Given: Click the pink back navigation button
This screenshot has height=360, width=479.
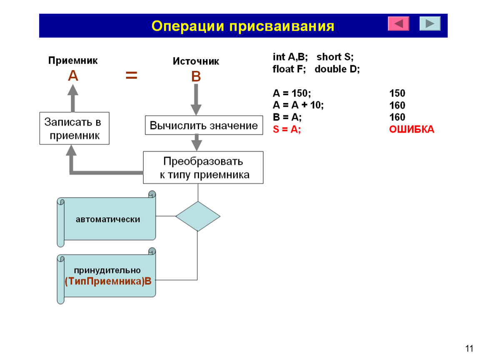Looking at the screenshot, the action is (398, 23).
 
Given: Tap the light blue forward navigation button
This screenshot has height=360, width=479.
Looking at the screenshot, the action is (430, 23).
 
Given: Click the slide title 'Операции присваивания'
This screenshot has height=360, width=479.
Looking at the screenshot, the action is (243, 26).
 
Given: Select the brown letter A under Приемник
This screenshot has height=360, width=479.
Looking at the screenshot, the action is (73, 75).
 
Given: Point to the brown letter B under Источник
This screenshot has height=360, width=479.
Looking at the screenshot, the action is (196, 76).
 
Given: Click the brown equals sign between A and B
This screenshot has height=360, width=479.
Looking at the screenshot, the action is (131, 75).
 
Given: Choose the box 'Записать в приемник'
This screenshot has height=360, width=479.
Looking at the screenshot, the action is (74, 128).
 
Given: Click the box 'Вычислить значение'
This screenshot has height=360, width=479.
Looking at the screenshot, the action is (204, 125).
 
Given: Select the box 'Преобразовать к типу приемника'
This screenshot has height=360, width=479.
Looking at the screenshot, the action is (203, 167).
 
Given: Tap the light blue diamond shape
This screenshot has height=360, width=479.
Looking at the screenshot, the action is (198, 216).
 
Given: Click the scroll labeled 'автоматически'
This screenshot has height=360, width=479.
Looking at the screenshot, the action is (106, 219).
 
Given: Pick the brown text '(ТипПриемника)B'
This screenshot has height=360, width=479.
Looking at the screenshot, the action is (108, 281).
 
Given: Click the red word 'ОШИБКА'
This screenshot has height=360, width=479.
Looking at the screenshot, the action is (412, 129).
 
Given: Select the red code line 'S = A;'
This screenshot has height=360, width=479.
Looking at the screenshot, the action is (287, 129).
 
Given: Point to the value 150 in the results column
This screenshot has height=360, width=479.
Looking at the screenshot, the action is (397, 93).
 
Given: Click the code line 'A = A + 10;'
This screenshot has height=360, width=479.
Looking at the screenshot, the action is (298, 105).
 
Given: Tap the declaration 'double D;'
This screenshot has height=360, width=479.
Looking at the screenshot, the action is (337, 69).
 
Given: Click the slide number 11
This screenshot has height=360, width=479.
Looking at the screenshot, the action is (469, 348).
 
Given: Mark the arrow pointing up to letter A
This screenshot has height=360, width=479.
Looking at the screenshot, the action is (73, 98).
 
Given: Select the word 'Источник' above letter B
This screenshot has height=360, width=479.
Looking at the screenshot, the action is (196, 61).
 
